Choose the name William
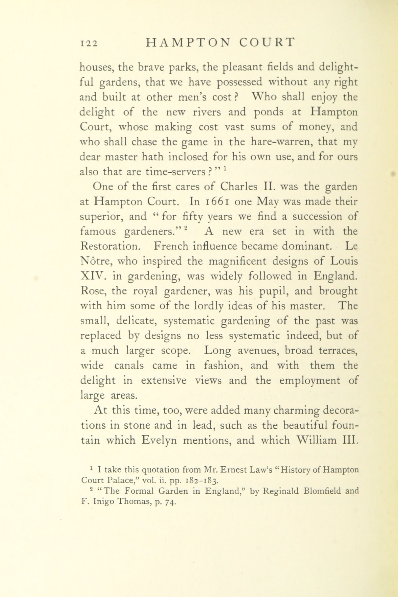tap(316, 441)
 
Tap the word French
tap(171, 247)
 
